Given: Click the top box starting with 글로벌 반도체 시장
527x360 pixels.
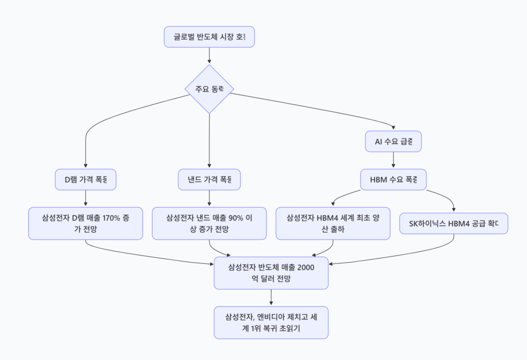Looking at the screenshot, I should pos(209,37).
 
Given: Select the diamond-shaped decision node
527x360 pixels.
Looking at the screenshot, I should pos(209,89).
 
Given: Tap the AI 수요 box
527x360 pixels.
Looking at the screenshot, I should pos(393,141).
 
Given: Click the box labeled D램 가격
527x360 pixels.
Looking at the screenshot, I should pos(85,179).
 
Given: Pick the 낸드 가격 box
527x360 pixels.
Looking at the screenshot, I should pos(209,179).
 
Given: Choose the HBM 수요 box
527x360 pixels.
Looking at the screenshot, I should pos(393,179).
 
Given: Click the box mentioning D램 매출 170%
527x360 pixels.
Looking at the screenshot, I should pos(85,223).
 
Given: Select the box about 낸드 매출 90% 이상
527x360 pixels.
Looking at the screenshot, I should pos(209,223).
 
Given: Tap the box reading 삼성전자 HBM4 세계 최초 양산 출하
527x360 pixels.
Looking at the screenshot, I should pos(332,223).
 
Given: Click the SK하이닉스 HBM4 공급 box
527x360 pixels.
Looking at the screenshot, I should pos(453,224).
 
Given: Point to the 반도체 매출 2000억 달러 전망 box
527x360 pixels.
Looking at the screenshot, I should pos(271,273).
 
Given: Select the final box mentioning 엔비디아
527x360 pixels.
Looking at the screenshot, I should pos(271,322).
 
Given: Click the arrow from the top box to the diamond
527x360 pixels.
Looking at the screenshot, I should pos(209,56).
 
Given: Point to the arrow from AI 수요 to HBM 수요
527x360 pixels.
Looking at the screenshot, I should pos(393,160).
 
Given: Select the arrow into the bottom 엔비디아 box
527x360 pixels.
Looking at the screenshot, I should pos(271,297).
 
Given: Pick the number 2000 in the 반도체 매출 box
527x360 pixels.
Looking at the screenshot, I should pos(303,267).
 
